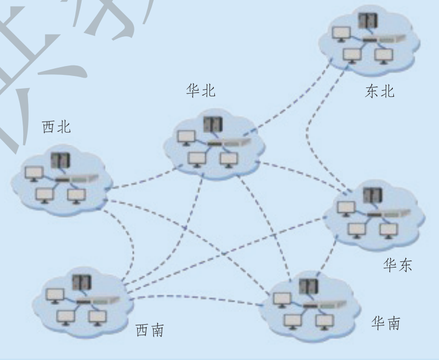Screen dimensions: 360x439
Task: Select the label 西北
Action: pyautogui.click(x=57, y=127)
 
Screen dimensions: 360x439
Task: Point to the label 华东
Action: pyautogui.click(x=398, y=266)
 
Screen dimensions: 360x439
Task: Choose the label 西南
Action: pyautogui.click(x=150, y=330)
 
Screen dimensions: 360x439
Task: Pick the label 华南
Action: pyautogui.click(x=386, y=322)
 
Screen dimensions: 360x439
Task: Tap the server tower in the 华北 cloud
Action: pyautogui.click(x=210, y=125)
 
